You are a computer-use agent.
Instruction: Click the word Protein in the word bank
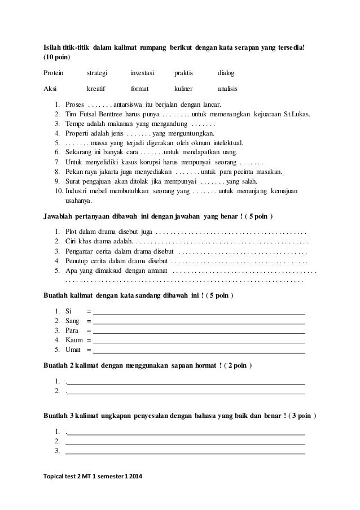[x=54, y=73]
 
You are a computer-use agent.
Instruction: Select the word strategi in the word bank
[x=96, y=73]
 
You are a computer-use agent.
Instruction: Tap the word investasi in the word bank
[x=143, y=73]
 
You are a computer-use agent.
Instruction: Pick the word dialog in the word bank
[x=226, y=73]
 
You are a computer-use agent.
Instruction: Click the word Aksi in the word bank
[x=51, y=89]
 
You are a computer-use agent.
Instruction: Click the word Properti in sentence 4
[x=78, y=133]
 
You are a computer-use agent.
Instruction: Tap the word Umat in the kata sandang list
[x=73, y=350]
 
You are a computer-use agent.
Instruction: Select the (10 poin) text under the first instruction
[x=58, y=58]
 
